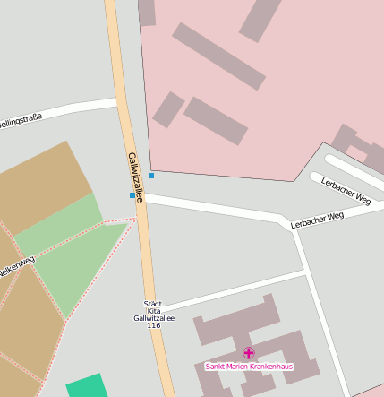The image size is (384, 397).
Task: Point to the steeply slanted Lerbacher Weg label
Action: (346, 188)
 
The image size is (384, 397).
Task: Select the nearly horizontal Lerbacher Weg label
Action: (317, 220)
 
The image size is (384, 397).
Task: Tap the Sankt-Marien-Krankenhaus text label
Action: (249, 367)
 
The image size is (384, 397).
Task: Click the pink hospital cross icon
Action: (249, 353)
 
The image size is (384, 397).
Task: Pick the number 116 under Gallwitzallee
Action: (153, 325)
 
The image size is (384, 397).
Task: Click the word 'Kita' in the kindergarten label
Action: (153, 311)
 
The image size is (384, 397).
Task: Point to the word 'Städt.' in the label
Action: (153, 304)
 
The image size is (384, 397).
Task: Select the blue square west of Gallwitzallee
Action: (132, 194)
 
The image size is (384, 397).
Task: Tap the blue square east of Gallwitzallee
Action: (151, 176)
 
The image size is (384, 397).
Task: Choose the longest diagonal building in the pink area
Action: (218, 56)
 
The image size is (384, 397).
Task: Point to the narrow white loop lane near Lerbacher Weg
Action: (354, 170)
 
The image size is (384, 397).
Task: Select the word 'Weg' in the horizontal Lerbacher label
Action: (335, 216)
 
